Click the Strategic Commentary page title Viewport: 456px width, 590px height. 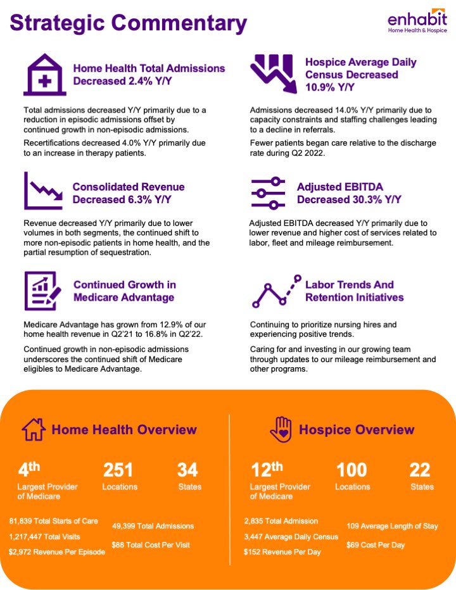[128, 23]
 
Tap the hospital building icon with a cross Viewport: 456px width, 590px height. [44, 75]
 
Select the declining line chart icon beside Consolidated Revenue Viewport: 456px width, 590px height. [42, 191]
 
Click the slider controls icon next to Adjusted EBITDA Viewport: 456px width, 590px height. [269, 193]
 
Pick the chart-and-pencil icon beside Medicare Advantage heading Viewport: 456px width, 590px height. [43, 291]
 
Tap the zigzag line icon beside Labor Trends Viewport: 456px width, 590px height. [274, 291]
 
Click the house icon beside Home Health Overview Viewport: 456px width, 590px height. [34, 430]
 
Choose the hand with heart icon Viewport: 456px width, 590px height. [281, 430]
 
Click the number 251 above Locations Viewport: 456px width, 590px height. [118, 470]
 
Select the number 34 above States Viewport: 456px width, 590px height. [187, 470]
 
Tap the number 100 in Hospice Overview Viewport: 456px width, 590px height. [351, 470]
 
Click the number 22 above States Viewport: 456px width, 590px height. [420, 470]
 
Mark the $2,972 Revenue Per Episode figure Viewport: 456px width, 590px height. [56, 552]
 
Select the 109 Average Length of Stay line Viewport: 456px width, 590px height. [392, 526]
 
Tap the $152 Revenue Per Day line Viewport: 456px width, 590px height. [282, 552]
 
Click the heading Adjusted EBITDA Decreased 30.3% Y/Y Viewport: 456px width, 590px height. [349, 194]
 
